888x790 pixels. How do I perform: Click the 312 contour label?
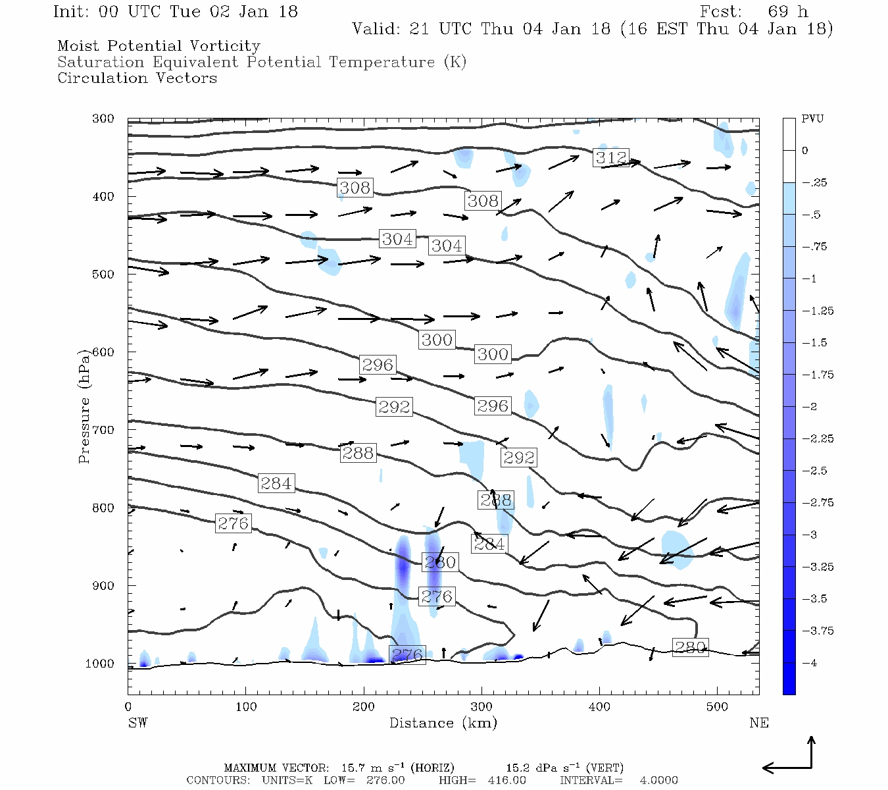click(x=611, y=157)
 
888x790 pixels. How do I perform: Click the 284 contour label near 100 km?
click(x=276, y=483)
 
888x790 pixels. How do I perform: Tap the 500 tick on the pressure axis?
click(x=103, y=275)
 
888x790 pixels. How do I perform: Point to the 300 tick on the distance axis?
click(x=481, y=706)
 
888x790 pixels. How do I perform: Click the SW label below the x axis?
click(x=137, y=723)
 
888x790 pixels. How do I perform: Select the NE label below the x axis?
click(x=758, y=723)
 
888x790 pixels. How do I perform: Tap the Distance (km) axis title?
click(x=443, y=723)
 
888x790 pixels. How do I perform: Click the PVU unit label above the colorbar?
click(x=812, y=119)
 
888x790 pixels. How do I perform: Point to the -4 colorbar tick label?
click(x=809, y=663)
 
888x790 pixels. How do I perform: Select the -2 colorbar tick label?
click(x=809, y=406)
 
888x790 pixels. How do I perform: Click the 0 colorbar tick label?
click(x=805, y=151)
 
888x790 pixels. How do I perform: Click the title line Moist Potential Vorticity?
click(x=159, y=46)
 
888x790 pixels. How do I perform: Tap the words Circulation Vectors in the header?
click(x=137, y=78)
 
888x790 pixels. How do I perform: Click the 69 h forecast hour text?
click(x=787, y=12)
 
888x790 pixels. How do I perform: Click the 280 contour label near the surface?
click(x=690, y=647)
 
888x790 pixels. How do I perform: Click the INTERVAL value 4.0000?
click(x=659, y=780)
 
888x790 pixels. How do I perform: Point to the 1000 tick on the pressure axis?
click(x=99, y=664)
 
